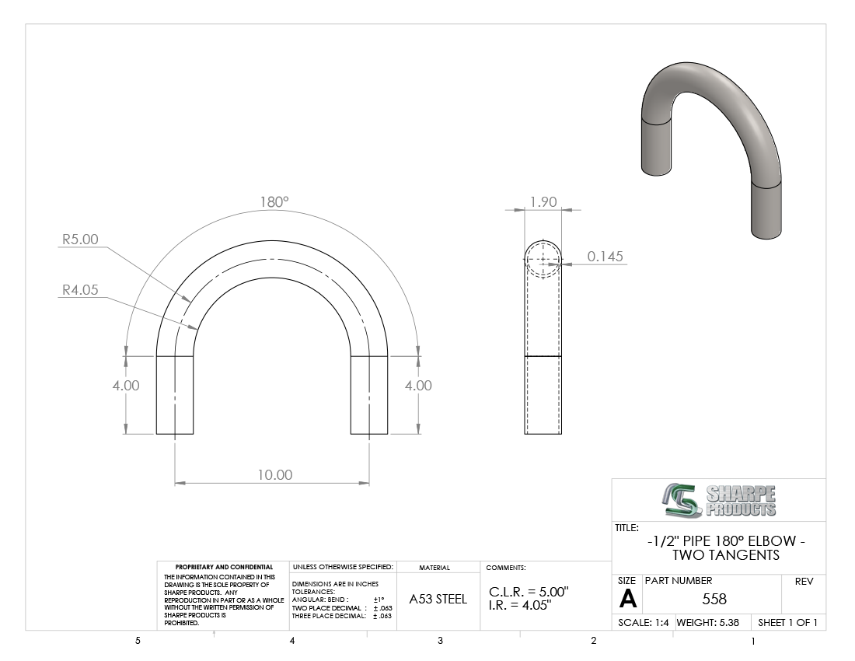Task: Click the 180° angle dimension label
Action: point(274,202)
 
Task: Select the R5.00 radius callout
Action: point(80,240)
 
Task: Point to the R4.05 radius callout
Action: point(80,289)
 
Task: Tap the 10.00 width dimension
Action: point(275,475)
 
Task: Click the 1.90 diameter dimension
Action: point(543,202)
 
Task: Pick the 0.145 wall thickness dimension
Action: point(605,257)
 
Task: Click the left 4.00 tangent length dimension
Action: point(126,386)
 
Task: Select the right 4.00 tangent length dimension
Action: point(418,386)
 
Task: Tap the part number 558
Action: point(714,600)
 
